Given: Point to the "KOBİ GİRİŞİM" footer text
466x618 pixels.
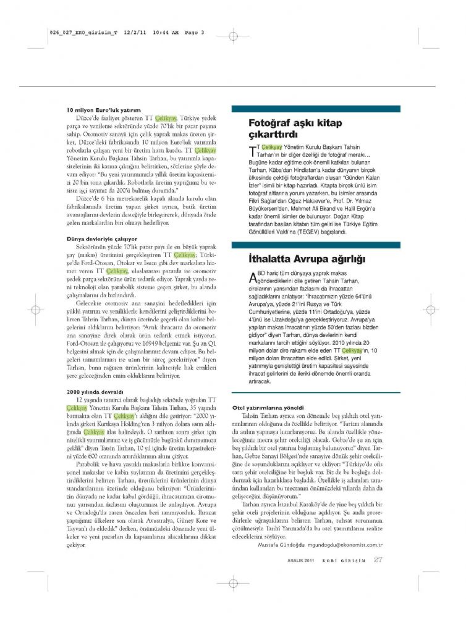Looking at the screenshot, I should point(346,561).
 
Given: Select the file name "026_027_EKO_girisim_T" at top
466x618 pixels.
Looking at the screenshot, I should point(82,33).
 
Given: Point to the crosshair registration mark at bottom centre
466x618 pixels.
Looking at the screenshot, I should point(232,583).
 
